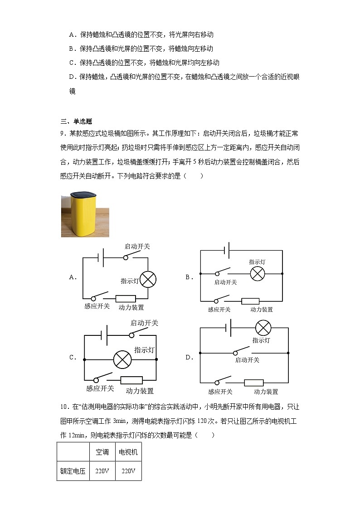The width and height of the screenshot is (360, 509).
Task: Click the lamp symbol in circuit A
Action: pos(147,279)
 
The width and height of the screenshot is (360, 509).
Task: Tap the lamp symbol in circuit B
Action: pos(258,273)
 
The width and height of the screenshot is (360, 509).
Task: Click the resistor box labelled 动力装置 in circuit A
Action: pos(126,299)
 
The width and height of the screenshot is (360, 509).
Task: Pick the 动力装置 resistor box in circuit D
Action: pos(254,383)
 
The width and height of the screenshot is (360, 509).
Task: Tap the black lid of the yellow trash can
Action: pos(85,194)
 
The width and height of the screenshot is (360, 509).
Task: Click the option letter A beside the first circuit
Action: pos(73,277)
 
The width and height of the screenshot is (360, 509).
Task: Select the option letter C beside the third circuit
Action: pos(73,357)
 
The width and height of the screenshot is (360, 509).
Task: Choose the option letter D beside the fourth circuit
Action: pos(190,357)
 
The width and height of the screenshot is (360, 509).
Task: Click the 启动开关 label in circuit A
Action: pos(137,246)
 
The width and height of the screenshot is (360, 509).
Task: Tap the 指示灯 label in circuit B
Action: pos(257,262)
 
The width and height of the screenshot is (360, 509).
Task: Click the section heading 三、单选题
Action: pos(76,121)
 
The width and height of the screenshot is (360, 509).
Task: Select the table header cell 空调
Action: pos(102,452)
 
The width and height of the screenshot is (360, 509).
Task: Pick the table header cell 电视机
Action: pos(128,452)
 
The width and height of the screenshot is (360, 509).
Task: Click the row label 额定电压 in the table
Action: pos(73,471)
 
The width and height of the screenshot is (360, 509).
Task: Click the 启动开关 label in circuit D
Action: pos(247,360)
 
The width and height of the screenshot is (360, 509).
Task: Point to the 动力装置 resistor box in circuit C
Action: pos(131,380)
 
